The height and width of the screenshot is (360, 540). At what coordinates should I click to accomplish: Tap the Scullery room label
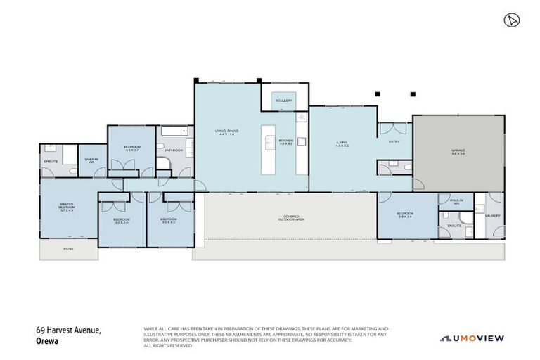[x=284, y=101]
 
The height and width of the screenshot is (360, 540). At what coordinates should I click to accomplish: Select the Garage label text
[x=458, y=151]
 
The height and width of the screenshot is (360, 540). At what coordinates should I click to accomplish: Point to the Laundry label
[x=493, y=216]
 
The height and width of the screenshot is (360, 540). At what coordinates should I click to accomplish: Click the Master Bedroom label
[x=67, y=207]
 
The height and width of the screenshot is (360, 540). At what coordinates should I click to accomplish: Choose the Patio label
[x=68, y=249]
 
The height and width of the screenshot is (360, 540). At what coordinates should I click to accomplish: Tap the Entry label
[x=394, y=143]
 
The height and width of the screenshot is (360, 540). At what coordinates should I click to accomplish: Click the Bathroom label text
[x=174, y=150]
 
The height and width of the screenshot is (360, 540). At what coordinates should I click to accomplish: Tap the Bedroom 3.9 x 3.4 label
[x=406, y=214]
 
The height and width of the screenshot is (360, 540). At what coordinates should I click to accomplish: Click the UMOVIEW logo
[x=472, y=338]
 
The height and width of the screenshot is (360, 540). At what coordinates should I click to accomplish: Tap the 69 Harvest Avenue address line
[x=69, y=330]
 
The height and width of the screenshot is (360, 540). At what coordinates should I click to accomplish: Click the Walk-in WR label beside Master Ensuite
[x=90, y=161]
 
